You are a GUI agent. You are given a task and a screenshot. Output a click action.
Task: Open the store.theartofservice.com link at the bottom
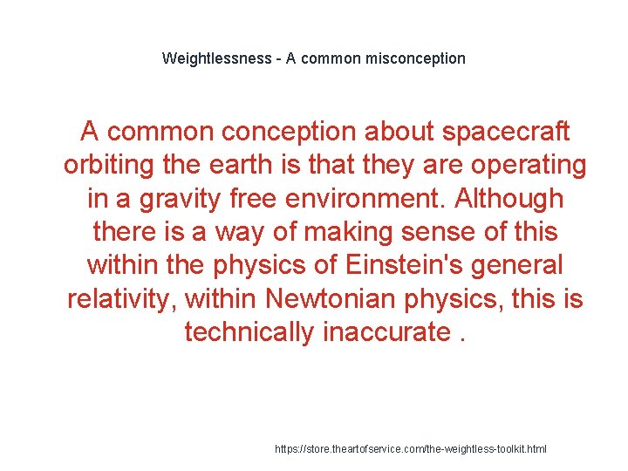point(411,448)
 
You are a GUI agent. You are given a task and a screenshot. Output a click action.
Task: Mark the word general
point(522,265)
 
